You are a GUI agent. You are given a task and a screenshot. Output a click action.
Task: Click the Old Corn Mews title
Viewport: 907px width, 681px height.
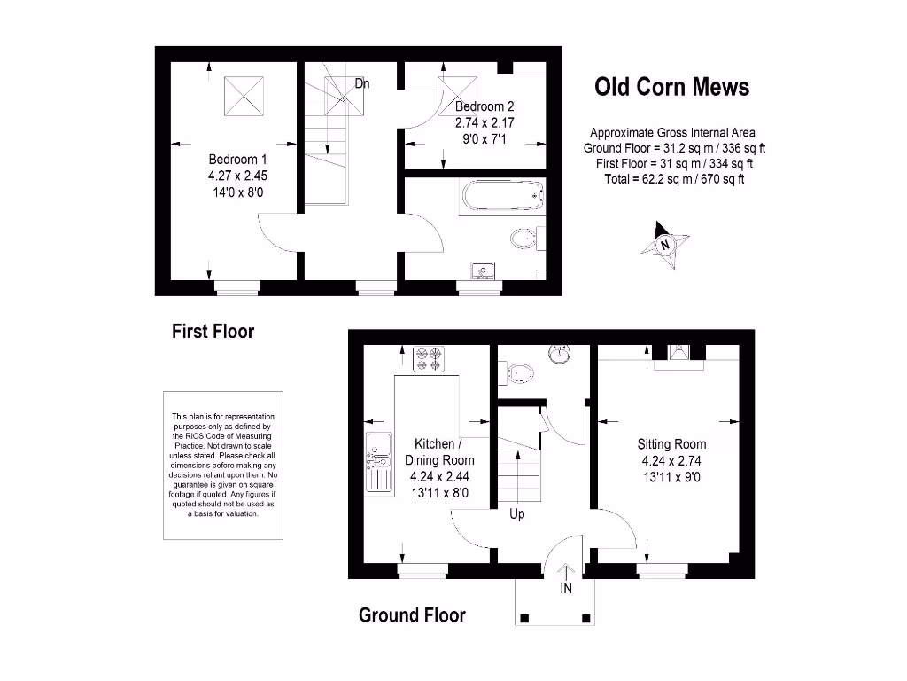pos(671,87)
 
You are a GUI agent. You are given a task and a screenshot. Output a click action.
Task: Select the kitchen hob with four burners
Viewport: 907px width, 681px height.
pos(430,357)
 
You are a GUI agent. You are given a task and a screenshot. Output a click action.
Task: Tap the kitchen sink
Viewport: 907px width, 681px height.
pos(376,461)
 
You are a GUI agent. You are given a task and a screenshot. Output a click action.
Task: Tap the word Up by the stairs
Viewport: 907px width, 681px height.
pos(517,513)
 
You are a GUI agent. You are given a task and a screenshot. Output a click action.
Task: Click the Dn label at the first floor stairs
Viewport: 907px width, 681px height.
pos(361,84)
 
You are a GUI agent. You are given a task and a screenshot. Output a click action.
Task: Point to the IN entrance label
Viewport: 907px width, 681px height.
pos(566,588)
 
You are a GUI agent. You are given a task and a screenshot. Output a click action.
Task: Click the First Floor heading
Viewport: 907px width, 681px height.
pos(213,332)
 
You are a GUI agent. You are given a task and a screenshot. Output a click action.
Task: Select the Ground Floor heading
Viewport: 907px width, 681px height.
pos(412,615)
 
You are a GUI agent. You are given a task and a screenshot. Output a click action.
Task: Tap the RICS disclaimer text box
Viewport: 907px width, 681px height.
pos(223,465)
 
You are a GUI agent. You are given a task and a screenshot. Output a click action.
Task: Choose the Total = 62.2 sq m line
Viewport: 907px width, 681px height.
pos(671,178)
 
